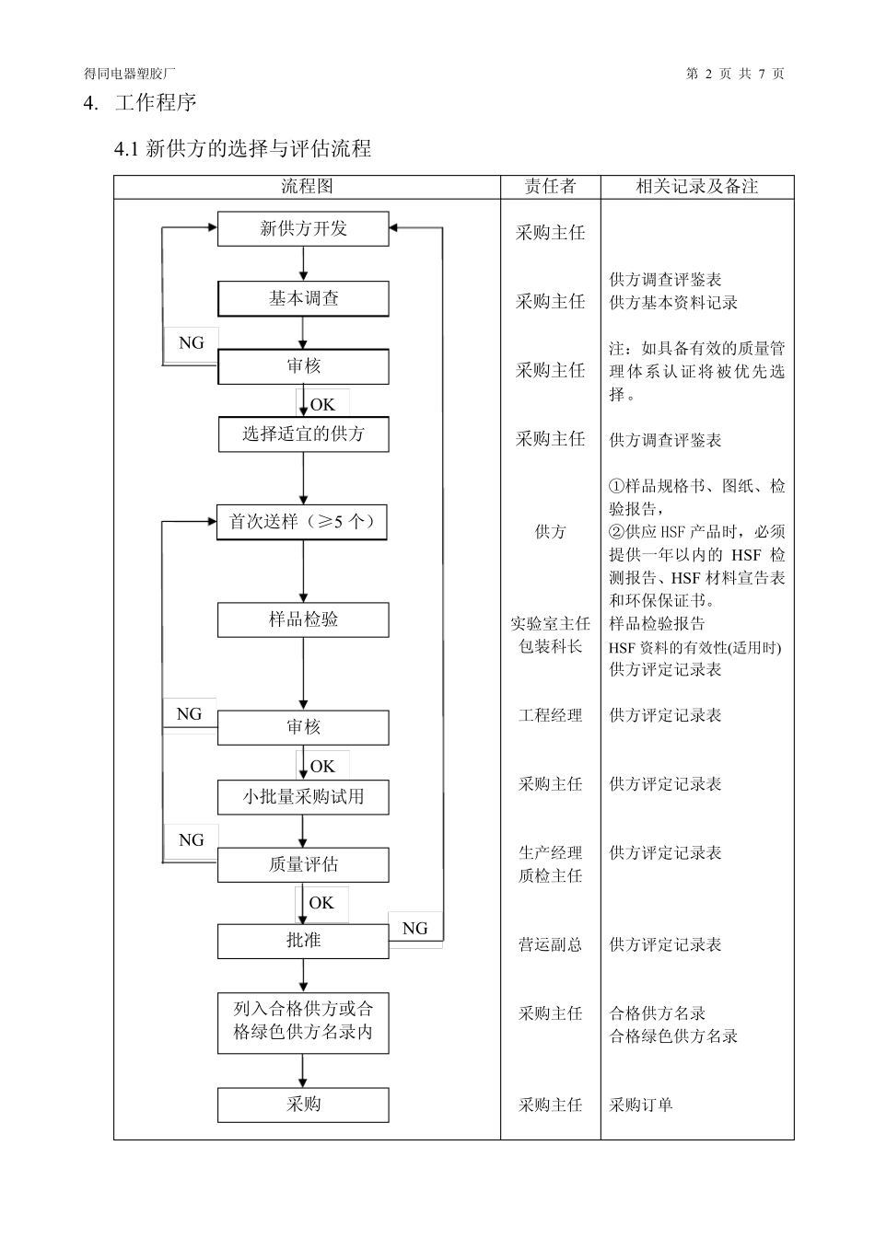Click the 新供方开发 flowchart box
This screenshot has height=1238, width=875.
303,229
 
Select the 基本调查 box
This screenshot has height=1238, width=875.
303,299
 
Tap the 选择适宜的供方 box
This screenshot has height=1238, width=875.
303,434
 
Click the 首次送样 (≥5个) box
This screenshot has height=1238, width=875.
303,522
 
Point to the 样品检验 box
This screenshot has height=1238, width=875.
303,619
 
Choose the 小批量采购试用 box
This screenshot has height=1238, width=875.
303,797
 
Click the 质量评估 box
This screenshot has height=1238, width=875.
303,865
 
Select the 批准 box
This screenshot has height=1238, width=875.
303,941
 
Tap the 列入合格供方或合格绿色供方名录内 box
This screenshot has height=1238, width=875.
303,1022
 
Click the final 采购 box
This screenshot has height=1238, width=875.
303,1105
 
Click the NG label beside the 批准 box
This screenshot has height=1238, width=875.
415,929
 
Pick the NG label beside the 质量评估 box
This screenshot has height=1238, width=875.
192,840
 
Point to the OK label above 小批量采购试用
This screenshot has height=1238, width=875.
322,767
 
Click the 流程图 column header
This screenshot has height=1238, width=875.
307,187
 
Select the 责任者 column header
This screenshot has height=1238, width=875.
550,187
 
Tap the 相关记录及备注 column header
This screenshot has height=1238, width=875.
696,187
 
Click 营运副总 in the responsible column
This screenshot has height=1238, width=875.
550,945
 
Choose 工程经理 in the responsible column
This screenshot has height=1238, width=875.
550,715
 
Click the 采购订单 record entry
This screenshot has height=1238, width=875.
641,1105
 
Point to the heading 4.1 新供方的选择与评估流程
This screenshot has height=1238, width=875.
242,148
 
